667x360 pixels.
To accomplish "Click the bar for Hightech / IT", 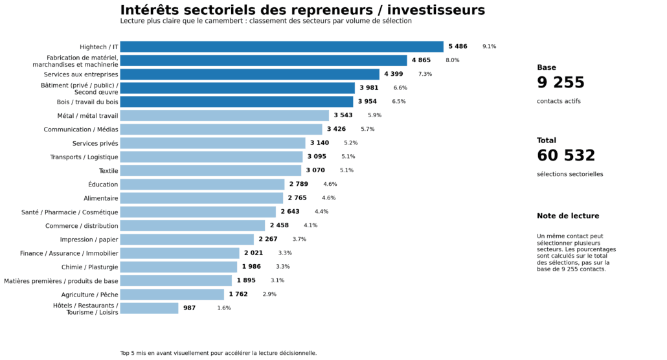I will (x=282, y=47).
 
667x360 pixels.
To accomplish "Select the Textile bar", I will (x=210, y=170).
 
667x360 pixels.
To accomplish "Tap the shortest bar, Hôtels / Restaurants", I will (x=149, y=308).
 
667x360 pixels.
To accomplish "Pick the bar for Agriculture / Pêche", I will (x=172, y=295).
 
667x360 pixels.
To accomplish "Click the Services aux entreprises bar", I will (x=249, y=74).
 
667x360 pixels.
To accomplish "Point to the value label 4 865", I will (x=425, y=60).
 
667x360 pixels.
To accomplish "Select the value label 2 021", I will (x=253, y=253).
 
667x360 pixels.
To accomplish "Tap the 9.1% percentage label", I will (x=489, y=47).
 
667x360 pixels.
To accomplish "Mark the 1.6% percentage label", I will (x=224, y=308).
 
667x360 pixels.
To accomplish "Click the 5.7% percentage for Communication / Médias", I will (x=367, y=129).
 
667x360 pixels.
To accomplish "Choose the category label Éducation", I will (x=103, y=185).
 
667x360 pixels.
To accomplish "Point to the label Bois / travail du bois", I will (x=87, y=102).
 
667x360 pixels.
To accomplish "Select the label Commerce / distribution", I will (x=82, y=226).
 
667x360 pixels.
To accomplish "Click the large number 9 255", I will (x=560, y=83).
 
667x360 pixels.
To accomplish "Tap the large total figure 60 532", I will (x=565, y=156).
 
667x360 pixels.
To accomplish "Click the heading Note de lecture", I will (x=567, y=216).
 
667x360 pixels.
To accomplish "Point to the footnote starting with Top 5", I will (x=218, y=354).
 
